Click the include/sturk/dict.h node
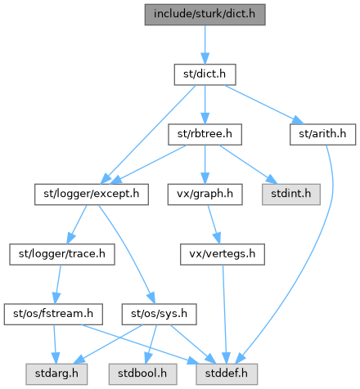coord(205,15)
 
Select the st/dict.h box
coord(205,74)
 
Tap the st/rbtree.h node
coord(205,134)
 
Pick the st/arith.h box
coord(322,134)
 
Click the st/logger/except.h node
coord(92,194)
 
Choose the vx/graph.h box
coord(205,194)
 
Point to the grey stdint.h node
coord(291,194)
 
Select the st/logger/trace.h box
coord(62,254)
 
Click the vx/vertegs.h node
coord(223,254)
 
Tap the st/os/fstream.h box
coord(53,314)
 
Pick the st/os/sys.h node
coord(159,314)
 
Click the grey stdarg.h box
coord(56,374)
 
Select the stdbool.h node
coord(142,374)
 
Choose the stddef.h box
coord(227,374)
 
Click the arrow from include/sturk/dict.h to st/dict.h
coord(205,45)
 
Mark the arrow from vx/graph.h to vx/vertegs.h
coord(214,224)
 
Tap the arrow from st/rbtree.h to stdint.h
coord(248,164)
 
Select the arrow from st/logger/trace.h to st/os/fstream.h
coord(58,284)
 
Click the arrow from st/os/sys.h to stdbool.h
coord(151,344)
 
